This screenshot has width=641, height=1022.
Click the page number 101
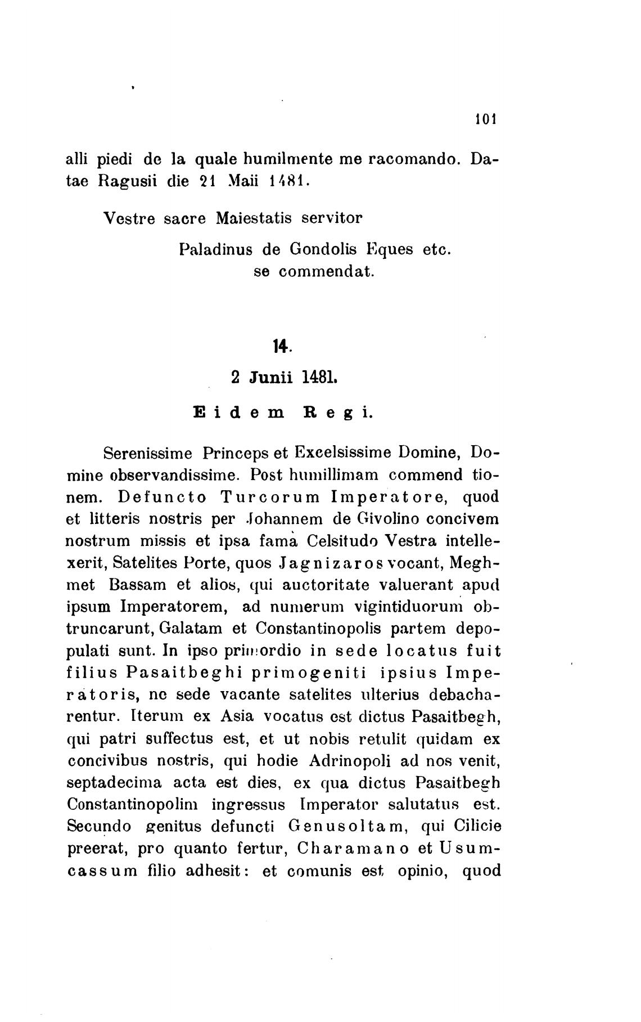(x=484, y=119)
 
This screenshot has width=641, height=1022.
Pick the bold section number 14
(x=281, y=347)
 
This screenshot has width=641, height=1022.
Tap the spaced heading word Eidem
(x=238, y=413)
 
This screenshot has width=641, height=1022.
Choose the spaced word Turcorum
(x=270, y=497)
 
